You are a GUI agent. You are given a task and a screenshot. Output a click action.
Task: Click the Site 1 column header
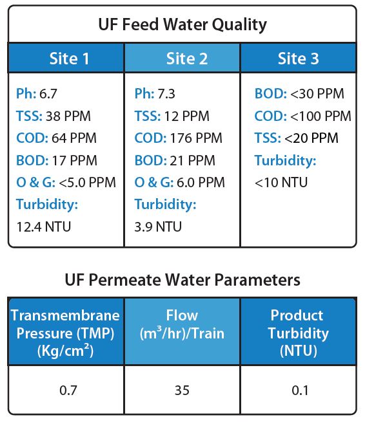pos(66,58)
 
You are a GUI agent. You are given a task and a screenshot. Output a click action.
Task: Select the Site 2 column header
pos(182,58)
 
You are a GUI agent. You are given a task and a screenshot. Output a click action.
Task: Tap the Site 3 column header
pos(298,58)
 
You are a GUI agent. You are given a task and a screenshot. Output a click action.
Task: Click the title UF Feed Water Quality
pos(182,24)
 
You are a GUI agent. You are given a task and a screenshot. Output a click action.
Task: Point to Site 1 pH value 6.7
pos(48,94)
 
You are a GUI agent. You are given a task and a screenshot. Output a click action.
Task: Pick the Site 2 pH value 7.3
pos(166,94)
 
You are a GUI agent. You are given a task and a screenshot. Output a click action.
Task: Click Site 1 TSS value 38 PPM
pos(68,116)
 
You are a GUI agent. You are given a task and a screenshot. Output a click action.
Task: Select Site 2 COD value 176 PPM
pos(196,138)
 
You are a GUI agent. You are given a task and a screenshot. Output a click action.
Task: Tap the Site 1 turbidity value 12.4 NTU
pos(44,226)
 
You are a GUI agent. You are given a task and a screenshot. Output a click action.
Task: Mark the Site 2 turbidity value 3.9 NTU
pos(158,226)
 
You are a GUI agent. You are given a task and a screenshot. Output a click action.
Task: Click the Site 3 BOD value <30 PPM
pos(317,94)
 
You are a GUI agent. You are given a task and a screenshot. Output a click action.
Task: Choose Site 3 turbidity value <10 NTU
pos(281,182)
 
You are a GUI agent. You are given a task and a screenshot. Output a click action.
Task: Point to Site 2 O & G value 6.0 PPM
pos(201,182)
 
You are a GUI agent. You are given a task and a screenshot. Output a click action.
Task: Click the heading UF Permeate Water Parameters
pos(182,280)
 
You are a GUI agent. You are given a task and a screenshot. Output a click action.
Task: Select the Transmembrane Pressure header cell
pos(66,332)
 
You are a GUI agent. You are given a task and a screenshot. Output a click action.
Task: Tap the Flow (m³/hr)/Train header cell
pos(182,332)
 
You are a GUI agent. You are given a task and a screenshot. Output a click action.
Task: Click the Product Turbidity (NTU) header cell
pos(298,332)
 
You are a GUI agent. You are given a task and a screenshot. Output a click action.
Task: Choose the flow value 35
pos(182,390)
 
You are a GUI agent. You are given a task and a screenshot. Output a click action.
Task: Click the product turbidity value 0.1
pos(300,390)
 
